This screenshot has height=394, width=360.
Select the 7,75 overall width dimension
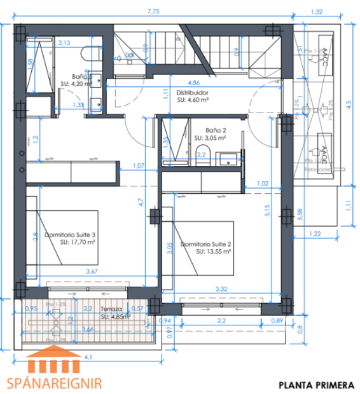153,11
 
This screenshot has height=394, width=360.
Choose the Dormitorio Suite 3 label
70,234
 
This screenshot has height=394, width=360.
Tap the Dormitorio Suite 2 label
205,243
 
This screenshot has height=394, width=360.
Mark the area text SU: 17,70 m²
78,242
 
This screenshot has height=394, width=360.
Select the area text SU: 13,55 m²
212,251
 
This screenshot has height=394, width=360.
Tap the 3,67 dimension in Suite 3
92,273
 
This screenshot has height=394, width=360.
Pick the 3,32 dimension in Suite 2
220,290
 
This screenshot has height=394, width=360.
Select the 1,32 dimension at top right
316,11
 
